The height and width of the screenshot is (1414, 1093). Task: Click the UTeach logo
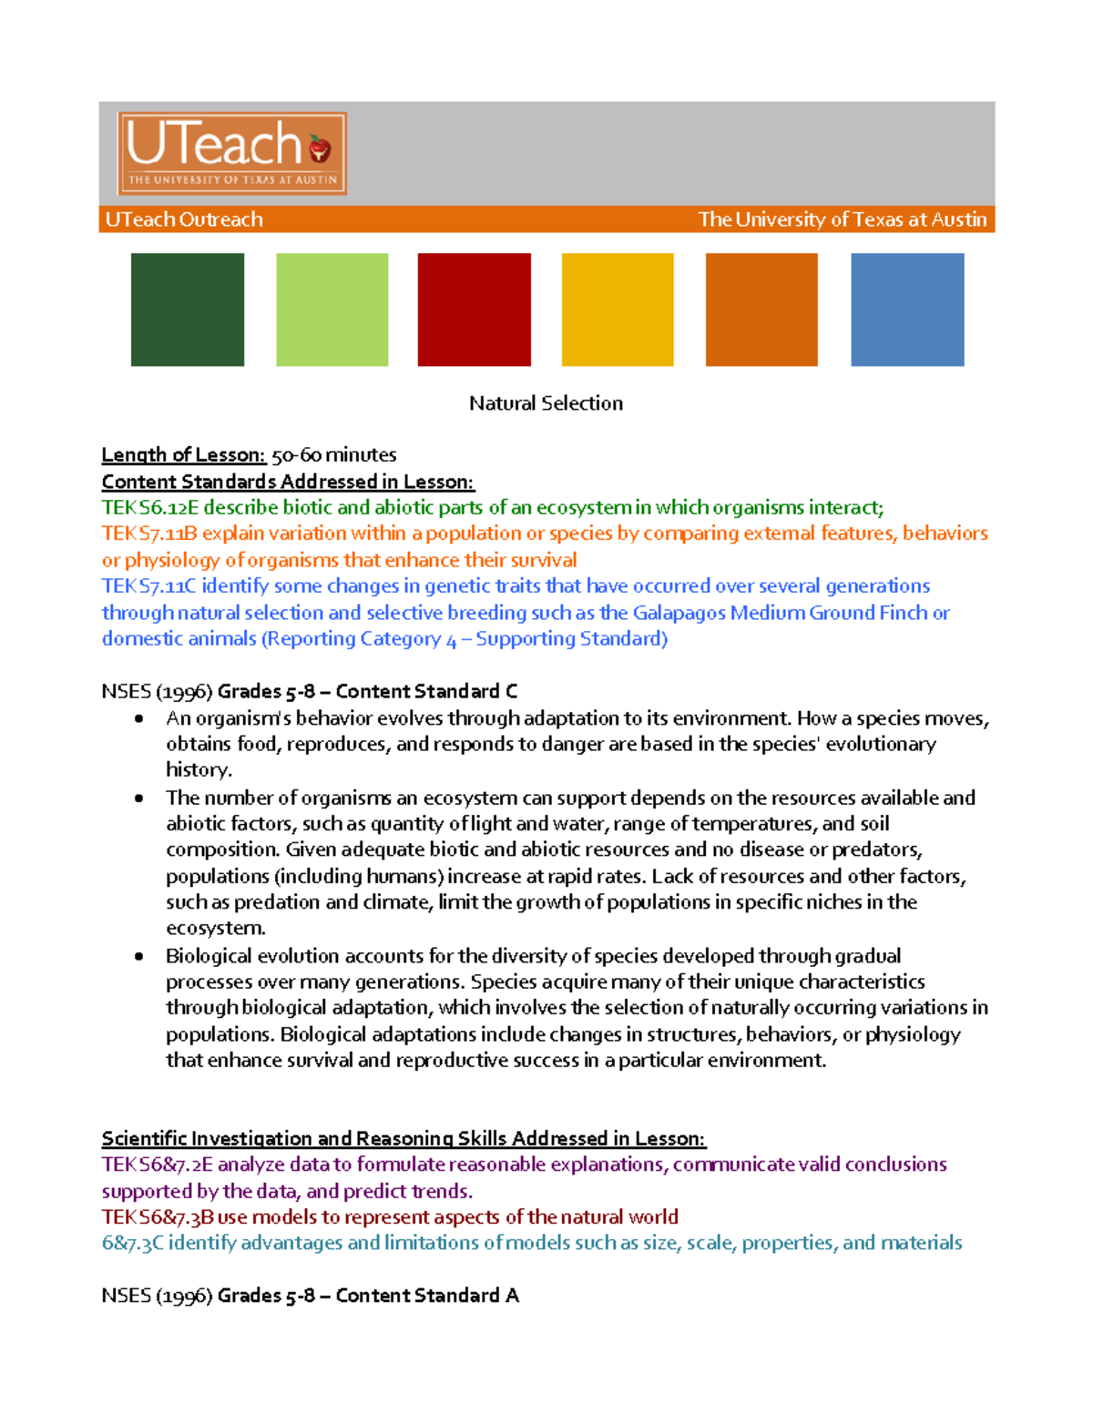[x=231, y=153]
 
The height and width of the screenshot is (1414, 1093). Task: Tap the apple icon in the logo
[x=319, y=148]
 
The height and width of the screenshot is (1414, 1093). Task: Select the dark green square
[x=188, y=310]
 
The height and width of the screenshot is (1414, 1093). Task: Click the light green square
[x=332, y=310]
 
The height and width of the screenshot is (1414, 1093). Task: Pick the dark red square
[x=474, y=310]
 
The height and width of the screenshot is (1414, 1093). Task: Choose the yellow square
[x=618, y=310]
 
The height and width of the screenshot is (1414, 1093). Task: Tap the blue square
[x=907, y=310]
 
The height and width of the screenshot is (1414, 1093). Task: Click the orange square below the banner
[x=761, y=310]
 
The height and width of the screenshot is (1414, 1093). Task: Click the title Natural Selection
[x=546, y=403]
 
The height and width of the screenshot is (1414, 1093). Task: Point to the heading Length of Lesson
[x=183, y=454]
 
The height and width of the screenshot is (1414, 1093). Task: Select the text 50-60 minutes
[x=333, y=454]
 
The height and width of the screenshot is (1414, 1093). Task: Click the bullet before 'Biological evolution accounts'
[x=138, y=956]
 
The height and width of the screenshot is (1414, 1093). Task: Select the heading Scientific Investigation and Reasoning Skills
[x=403, y=1138]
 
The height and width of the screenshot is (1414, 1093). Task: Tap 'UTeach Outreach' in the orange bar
[x=184, y=219]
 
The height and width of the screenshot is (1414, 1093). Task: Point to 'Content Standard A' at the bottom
[x=426, y=1296]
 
